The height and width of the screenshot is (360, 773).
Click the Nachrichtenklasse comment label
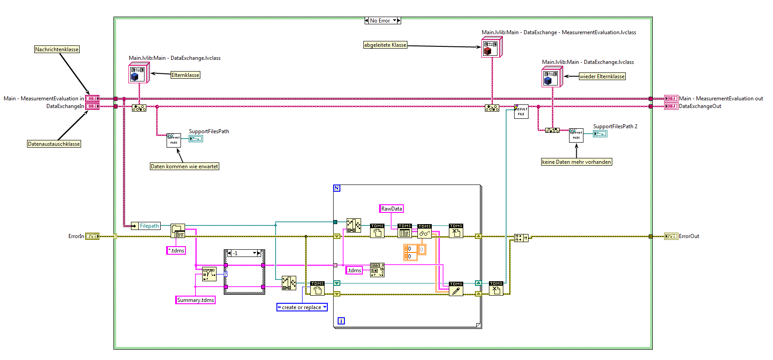click(57, 49)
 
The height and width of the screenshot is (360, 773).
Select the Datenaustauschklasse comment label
click(54, 144)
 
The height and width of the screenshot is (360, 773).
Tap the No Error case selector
click(382, 21)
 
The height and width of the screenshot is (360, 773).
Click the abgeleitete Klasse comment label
click(385, 45)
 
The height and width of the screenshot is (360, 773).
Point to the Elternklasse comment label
click(185, 75)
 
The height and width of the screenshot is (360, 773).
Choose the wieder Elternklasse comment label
click(602, 76)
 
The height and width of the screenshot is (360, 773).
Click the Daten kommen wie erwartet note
click(184, 166)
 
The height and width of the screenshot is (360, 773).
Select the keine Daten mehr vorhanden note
click(576, 162)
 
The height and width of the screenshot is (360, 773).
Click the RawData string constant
click(391, 209)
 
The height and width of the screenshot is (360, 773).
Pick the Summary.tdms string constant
click(195, 300)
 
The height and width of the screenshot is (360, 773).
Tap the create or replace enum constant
click(302, 307)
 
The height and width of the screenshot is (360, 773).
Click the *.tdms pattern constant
click(176, 251)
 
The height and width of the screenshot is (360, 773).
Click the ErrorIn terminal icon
click(92, 236)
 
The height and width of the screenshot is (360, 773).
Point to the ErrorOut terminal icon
click(671, 236)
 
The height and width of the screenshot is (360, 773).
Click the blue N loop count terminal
click(337, 188)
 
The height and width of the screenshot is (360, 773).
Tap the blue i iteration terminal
click(341, 321)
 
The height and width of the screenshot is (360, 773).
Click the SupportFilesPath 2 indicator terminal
click(600, 134)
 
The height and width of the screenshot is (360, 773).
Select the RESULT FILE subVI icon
click(521, 112)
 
